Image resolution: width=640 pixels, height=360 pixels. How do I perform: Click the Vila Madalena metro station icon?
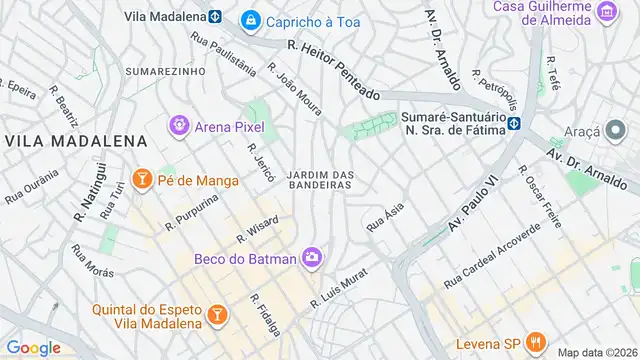tap(215, 16)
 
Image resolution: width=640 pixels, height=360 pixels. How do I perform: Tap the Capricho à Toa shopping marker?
tap(250, 19)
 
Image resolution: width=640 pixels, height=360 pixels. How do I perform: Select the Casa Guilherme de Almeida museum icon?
tap(606, 12)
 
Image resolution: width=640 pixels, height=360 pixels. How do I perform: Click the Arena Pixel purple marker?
tap(179, 126)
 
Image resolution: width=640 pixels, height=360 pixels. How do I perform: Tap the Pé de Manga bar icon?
tap(143, 180)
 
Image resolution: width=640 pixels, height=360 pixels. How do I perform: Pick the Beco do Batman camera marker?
tap(312, 258)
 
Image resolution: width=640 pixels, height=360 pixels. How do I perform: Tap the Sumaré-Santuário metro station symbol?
tap(514, 124)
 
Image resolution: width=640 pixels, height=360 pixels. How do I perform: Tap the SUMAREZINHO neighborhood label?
tap(166, 72)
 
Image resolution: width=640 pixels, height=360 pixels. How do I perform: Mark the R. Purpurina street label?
tap(195, 209)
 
